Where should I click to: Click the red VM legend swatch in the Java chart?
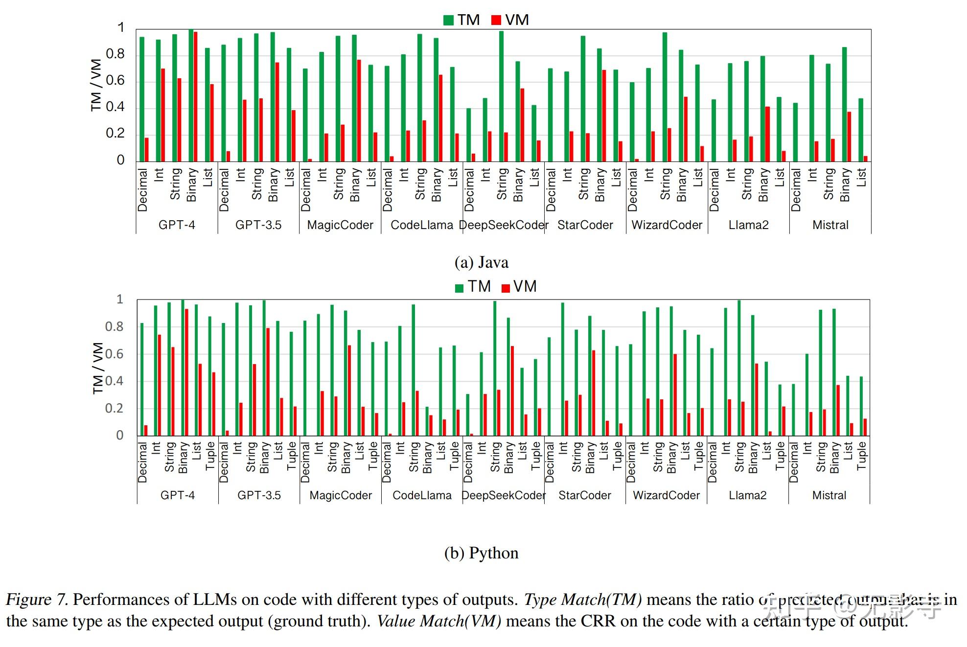click(496, 20)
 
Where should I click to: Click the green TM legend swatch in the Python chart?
click(459, 288)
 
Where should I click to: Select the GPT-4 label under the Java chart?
click(177, 225)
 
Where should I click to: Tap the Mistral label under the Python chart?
click(829, 495)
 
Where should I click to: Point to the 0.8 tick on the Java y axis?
click(115, 54)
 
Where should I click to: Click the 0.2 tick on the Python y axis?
click(114, 408)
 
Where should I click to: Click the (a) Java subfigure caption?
click(481, 263)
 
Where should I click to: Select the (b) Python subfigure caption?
click(481, 553)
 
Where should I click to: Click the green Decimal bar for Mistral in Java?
click(796, 132)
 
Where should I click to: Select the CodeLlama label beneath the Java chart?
click(422, 225)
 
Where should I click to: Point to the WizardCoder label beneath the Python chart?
click(666, 495)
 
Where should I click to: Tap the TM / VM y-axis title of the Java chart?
click(96, 85)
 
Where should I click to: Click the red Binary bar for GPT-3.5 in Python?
click(268, 382)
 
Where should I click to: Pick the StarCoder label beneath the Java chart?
click(585, 225)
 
